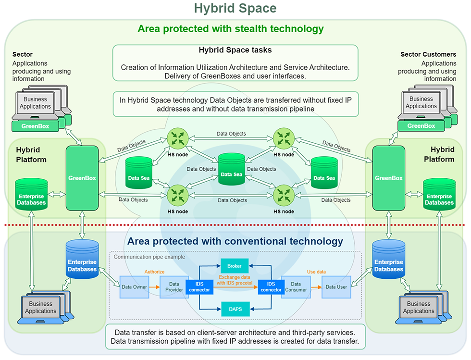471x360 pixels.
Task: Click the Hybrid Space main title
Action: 235,8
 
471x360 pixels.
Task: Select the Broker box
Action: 235,265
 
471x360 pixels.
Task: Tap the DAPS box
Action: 235,310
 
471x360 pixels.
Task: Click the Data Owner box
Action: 134,287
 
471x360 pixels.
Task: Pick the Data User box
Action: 336,287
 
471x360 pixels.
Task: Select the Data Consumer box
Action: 296,287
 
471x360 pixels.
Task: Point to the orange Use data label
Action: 316,272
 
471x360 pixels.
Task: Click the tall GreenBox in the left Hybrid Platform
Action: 82,178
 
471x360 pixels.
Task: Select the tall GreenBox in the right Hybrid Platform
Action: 388,178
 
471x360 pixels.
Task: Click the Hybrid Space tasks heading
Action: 235,50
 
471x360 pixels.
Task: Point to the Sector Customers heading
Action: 428,54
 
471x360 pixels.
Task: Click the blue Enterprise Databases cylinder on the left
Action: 82,263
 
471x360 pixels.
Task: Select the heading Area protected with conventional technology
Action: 235,241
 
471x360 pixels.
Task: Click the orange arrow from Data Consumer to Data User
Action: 316,287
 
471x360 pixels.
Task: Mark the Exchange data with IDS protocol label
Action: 235,281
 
